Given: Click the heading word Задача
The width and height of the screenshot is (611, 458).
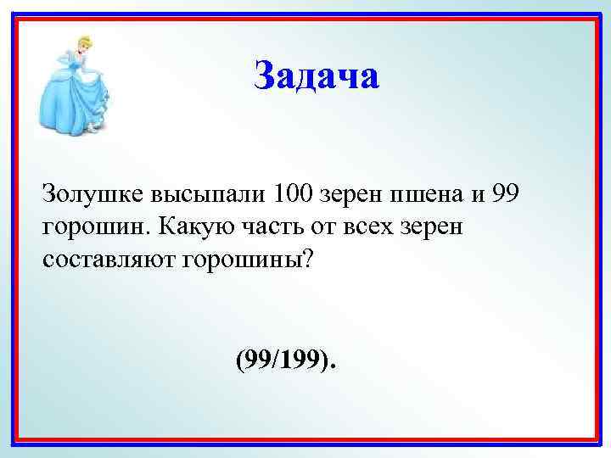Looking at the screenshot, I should click(317, 76).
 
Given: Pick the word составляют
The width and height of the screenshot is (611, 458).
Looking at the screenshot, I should click(108, 258).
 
